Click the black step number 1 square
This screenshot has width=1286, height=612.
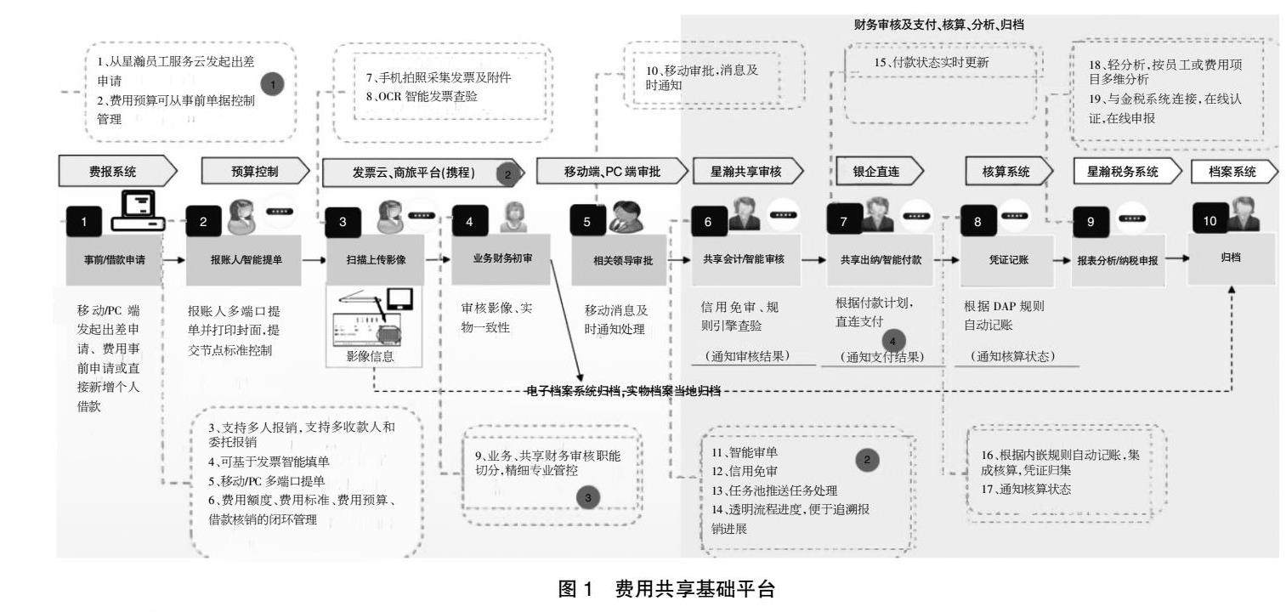(x=84, y=223)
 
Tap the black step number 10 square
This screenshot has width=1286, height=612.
(x=1210, y=219)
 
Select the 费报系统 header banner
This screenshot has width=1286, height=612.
(x=115, y=172)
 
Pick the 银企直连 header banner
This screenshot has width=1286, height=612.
(x=875, y=172)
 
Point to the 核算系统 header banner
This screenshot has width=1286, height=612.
(x=1006, y=172)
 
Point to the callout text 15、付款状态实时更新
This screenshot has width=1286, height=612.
(x=931, y=62)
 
